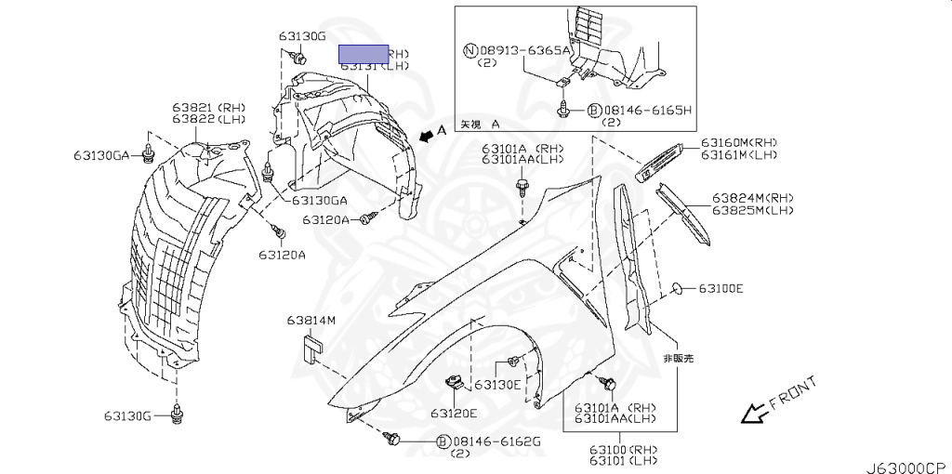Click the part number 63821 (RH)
coord(207,108)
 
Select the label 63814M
coord(311,321)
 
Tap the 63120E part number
coord(454,413)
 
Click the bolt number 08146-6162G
coord(496,441)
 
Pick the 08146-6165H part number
coord(647,110)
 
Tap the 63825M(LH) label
coord(754,211)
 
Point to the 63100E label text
coord(721,289)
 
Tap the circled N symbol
coord(471,51)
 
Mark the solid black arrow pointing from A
coord(427,137)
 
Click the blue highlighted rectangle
coord(363,54)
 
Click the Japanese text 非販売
coord(677,358)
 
